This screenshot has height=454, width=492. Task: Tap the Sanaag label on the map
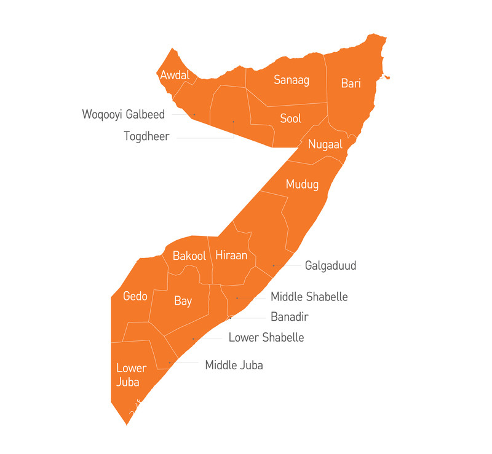pos(292,80)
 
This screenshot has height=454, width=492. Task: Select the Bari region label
pos(351,83)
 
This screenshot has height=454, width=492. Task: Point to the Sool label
pos(290,119)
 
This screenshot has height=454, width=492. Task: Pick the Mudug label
pos(303,184)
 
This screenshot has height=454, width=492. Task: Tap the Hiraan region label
pos(231,256)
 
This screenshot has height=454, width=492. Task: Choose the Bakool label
pos(189,256)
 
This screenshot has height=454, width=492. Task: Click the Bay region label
pos(183,301)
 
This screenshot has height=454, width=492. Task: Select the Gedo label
pos(135,297)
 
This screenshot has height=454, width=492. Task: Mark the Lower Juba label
pos(132,375)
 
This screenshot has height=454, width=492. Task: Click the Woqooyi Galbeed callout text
pos(124,114)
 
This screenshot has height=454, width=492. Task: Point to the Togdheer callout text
pos(146,136)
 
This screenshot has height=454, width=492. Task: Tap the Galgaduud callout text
pos(330,266)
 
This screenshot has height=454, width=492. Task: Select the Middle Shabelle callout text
pos(309,297)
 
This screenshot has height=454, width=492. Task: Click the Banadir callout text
pos(289,318)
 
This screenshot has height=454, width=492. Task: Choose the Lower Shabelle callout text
pos(266,338)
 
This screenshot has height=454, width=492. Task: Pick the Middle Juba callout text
pos(234,366)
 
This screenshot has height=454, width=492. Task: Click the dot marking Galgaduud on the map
pos(274,266)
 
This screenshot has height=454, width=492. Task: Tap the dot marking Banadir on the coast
pos(230,318)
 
